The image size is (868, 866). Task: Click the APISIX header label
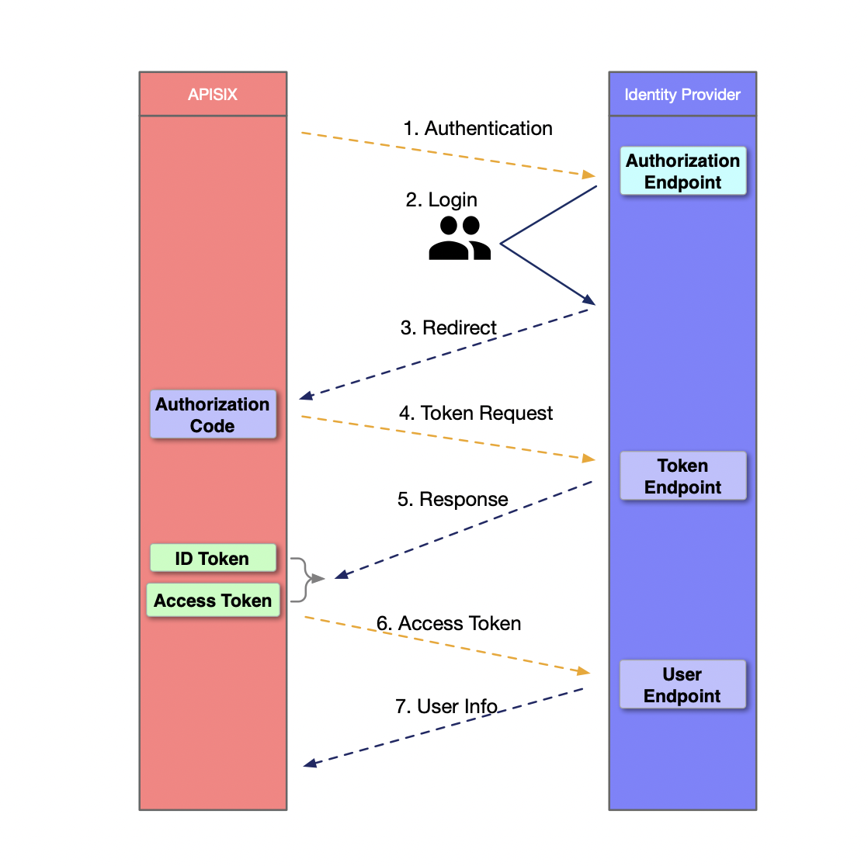pos(212,95)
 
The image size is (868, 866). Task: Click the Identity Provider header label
pos(682,95)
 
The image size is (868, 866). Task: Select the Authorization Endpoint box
pos(682,171)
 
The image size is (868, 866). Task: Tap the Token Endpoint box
pos(682,476)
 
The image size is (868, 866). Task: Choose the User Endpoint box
pos(682,685)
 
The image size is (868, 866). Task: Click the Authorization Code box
pos(213,415)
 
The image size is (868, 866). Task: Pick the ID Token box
pos(213,559)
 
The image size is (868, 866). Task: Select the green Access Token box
pos(213,601)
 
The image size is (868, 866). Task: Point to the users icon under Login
pos(460,238)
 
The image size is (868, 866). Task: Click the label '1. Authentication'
pos(477,129)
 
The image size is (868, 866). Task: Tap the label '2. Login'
pos(441,200)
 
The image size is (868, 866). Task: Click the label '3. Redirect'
pos(448,328)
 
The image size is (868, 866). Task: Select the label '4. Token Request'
pos(475,414)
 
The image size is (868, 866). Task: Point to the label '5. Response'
pos(453,500)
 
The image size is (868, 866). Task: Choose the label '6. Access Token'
pos(449,624)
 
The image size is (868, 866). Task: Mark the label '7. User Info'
pos(446,707)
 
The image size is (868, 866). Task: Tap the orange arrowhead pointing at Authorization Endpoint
pos(589,174)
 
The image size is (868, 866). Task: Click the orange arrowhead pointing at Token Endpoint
pos(589,459)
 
